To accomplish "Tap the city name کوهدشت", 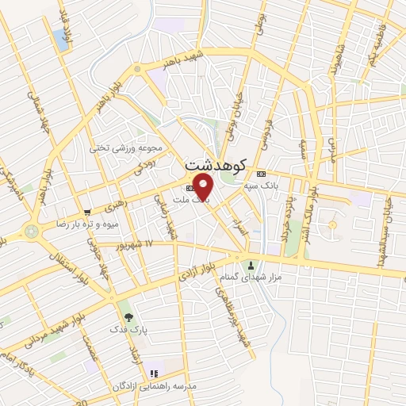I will coord(215,166).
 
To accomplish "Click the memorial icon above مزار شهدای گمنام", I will coord(253,265).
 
